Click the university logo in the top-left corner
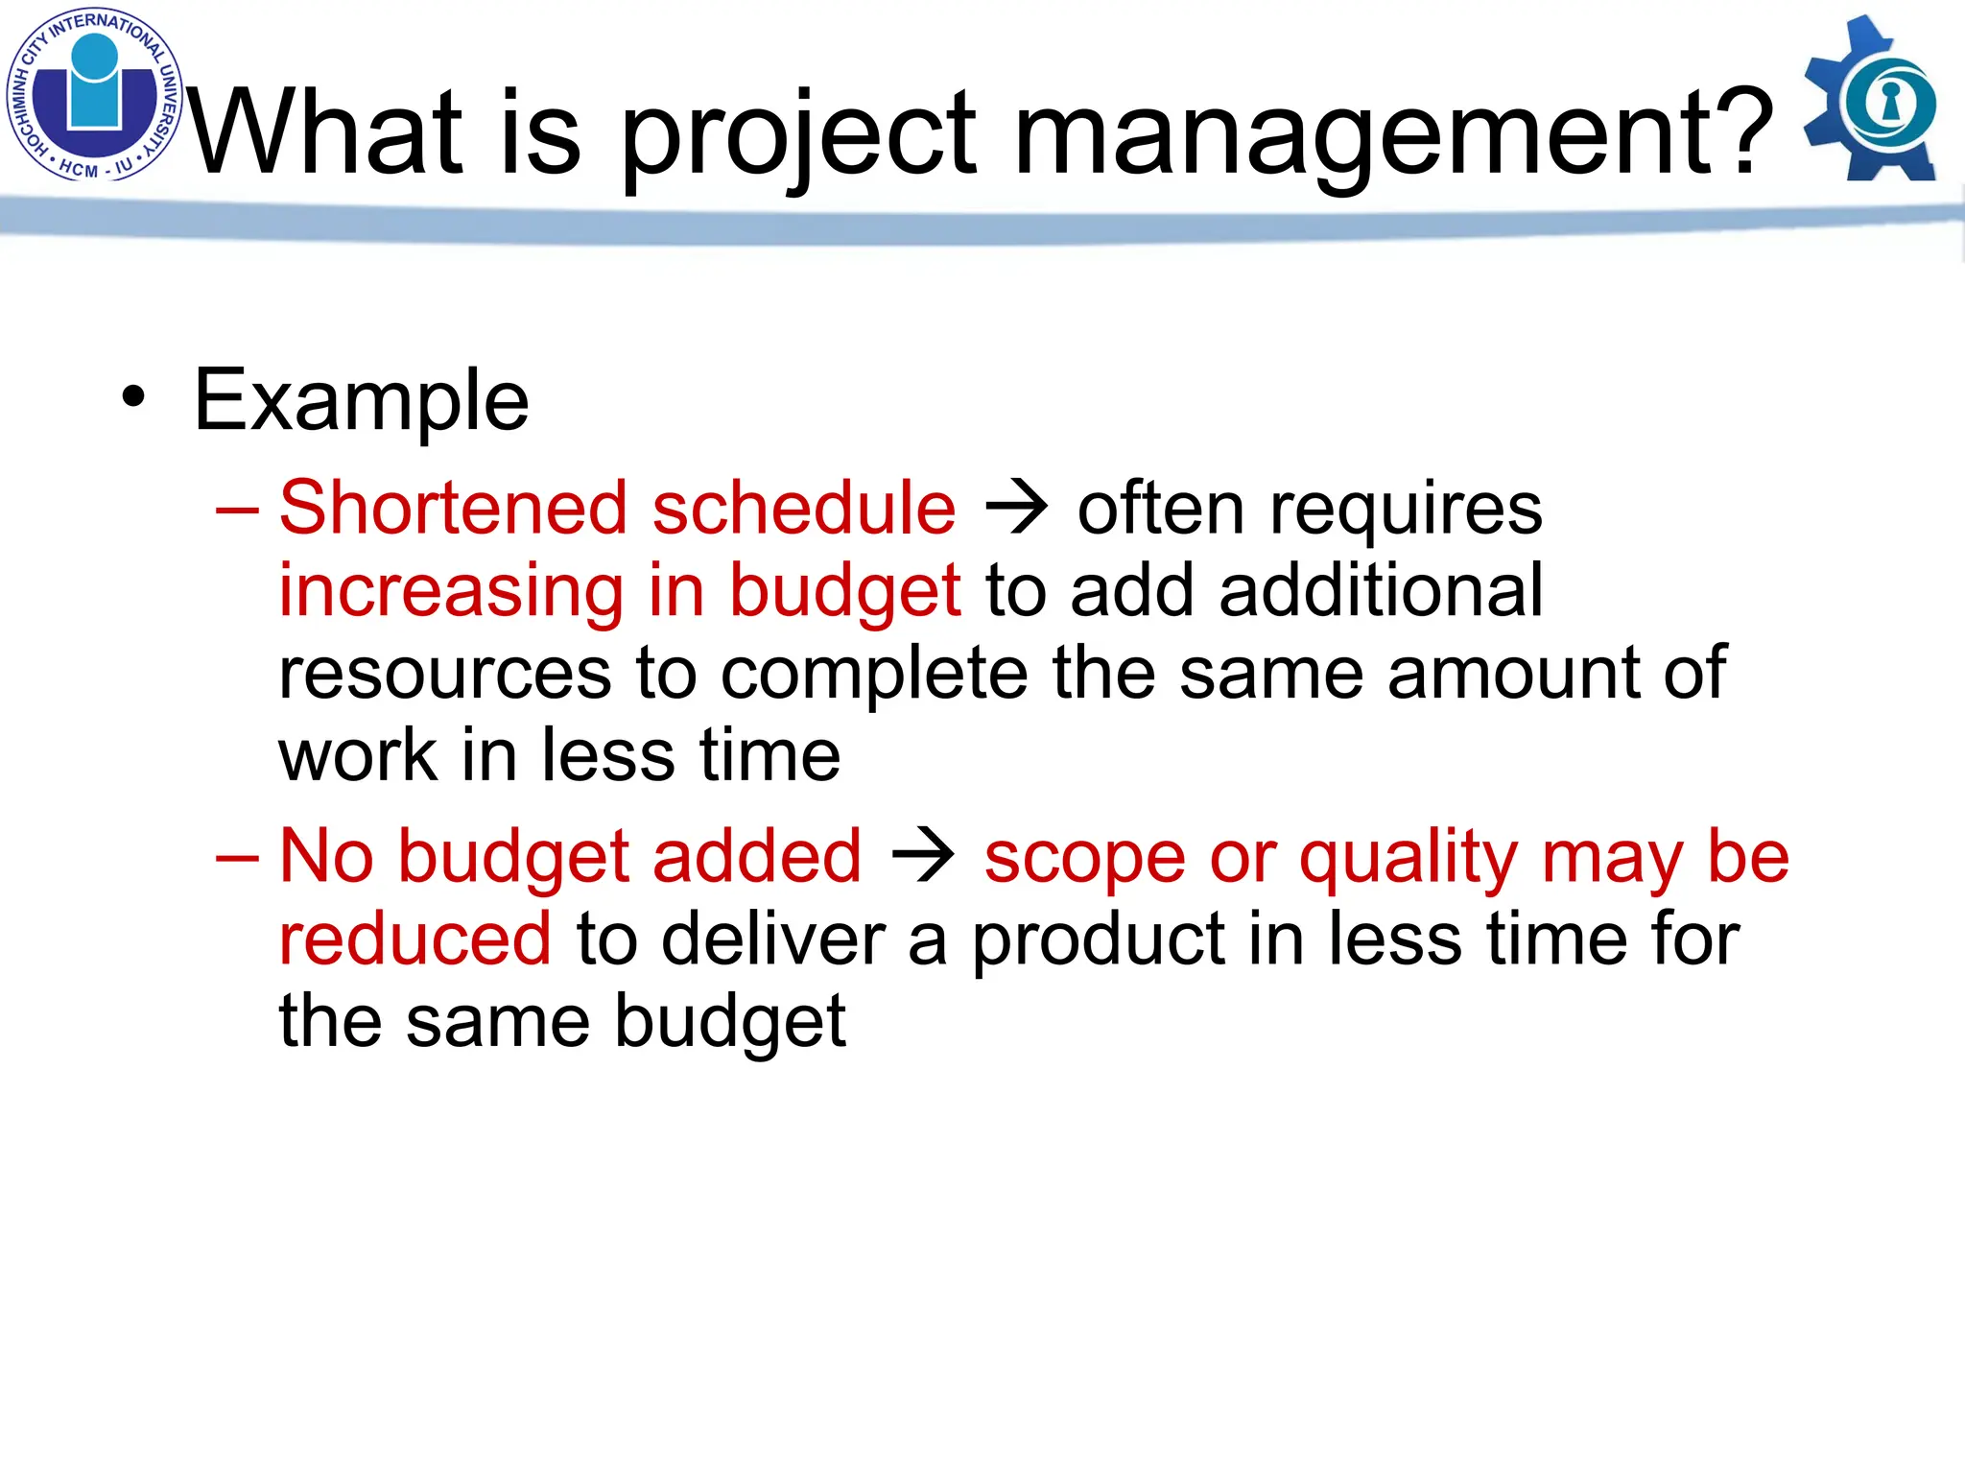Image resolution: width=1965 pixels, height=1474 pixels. click(94, 94)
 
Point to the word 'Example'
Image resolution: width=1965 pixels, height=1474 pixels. click(361, 401)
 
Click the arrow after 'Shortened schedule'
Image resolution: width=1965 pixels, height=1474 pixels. click(1017, 508)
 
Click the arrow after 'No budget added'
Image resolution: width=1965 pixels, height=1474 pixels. click(923, 855)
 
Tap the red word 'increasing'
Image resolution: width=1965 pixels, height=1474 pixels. click(451, 591)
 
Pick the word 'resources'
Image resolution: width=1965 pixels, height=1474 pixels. click(445, 674)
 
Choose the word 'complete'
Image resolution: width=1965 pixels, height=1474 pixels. click(874, 674)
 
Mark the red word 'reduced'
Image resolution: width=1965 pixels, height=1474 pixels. click(414, 939)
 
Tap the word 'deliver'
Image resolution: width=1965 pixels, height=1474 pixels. click(773, 939)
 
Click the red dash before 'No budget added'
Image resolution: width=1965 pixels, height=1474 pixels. click(237, 856)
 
